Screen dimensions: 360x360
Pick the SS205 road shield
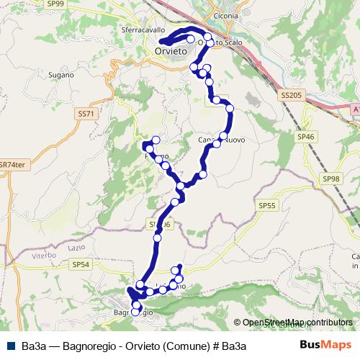(290, 95)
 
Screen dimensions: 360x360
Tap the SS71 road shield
(85, 114)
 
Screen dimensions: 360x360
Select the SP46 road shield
(306, 135)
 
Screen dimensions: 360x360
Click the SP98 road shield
(331, 179)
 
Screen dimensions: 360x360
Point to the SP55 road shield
(266, 206)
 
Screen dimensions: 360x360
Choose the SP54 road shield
(81, 265)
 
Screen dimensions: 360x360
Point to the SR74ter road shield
(12, 164)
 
